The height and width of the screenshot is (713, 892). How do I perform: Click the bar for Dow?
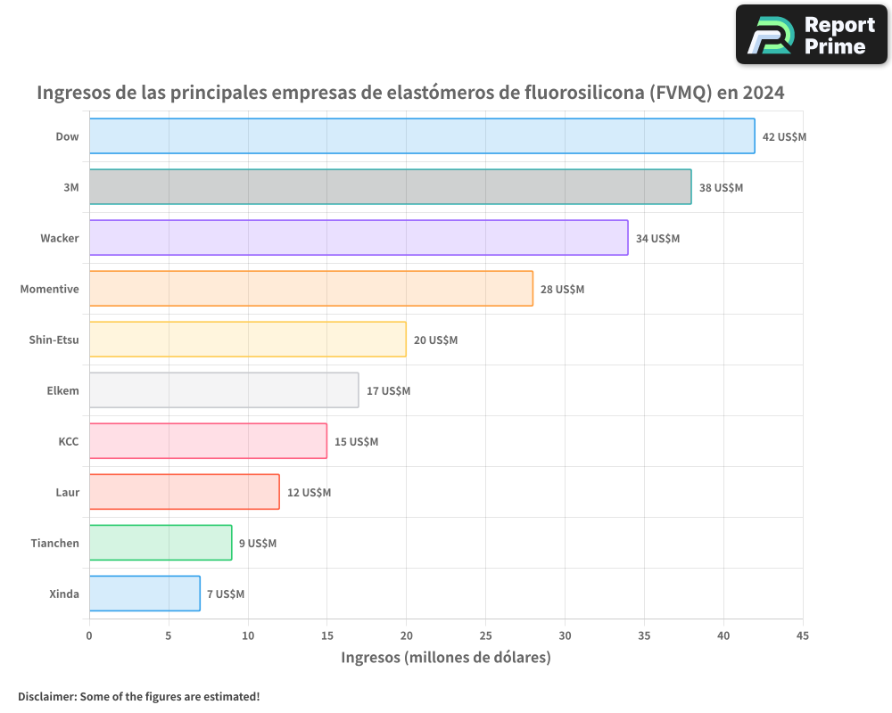coord(422,136)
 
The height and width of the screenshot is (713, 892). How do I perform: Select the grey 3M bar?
coord(390,187)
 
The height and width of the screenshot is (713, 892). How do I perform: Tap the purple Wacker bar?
coord(359,238)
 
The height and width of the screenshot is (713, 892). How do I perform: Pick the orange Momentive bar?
coord(311,289)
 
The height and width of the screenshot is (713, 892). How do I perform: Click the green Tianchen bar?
coord(161,543)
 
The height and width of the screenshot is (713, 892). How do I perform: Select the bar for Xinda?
coord(145,594)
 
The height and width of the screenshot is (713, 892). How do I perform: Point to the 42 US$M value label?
coord(784,137)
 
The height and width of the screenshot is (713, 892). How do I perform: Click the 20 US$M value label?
coord(435,340)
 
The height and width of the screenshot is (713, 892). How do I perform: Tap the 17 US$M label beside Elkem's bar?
coord(388,391)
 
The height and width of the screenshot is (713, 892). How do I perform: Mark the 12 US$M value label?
coord(309,493)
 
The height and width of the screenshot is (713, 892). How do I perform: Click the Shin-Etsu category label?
coord(54,340)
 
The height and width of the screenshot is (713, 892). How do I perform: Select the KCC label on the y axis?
coord(68,441)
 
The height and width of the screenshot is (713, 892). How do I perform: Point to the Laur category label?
coord(67,492)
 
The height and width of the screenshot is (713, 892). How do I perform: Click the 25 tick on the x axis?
coord(485,636)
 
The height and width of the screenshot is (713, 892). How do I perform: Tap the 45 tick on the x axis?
coord(802,636)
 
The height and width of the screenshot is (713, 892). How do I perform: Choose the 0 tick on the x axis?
coord(89,636)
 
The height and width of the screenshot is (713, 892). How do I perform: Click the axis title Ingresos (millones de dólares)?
coord(446,658)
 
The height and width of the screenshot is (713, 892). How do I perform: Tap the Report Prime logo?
coord(811,34)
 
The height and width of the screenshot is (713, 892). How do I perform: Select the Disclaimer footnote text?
coord(138,696)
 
